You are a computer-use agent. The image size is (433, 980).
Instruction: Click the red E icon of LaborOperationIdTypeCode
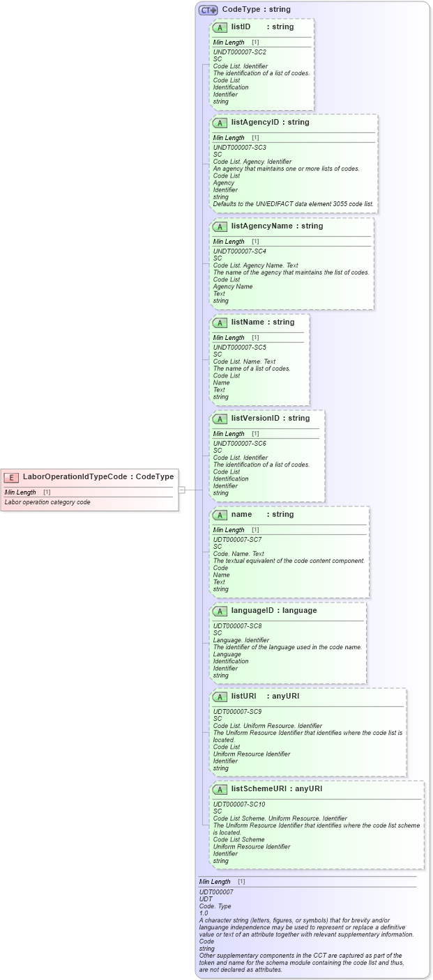[11, 477]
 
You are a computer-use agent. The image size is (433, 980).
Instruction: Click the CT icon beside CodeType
[208, 10]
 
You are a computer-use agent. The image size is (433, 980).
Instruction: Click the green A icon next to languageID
[220, 611]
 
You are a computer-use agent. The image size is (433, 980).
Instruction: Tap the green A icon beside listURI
[220, 697]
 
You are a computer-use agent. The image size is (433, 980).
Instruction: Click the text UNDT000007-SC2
[239, 52]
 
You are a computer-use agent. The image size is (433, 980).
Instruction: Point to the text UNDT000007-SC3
[239, 148]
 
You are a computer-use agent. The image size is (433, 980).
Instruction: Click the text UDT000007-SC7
[237, 540]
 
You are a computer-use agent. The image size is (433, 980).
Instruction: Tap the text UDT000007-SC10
[239, 804]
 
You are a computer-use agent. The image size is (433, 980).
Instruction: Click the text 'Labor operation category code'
[47, 502]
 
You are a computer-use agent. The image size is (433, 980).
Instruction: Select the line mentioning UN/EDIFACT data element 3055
[293, 204]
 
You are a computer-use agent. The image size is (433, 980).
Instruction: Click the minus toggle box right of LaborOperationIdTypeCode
[181, 490]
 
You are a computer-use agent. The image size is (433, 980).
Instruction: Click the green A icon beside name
[220, 515]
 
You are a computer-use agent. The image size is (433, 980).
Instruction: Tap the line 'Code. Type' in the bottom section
[215, 905]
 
